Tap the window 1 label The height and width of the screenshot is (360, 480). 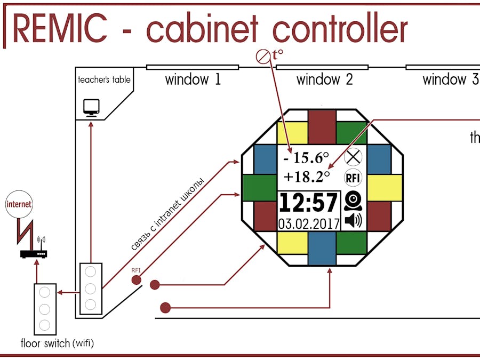click(193, 80)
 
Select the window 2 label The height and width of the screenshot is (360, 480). click(324, 80)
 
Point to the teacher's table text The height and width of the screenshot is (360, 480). click(104, 80)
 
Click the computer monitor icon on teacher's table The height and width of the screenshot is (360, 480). click(91, 107)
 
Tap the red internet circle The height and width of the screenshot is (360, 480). click(19, 204)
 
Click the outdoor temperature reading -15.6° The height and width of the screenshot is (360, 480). click(306, 157)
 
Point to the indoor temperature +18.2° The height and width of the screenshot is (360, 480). click(307, 177)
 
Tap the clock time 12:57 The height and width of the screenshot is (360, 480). click(308, 203)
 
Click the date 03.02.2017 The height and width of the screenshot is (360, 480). click(309, 222)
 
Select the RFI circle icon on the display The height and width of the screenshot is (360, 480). click(353, 177)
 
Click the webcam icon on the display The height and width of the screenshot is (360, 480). click(353, 201)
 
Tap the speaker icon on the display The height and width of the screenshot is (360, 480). click(353, 220)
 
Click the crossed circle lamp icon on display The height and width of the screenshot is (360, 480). click(353, 157)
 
